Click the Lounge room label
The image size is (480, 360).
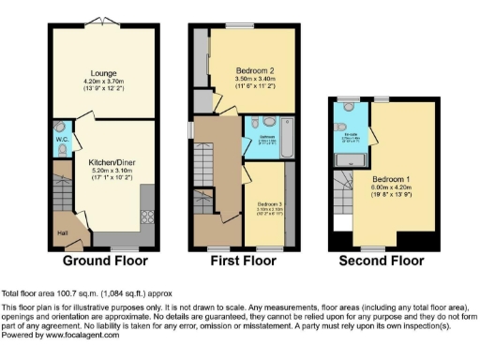pos(102,71)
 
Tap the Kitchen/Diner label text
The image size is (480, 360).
pos(109,163)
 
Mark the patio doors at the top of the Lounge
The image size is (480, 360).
pos(104,22)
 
